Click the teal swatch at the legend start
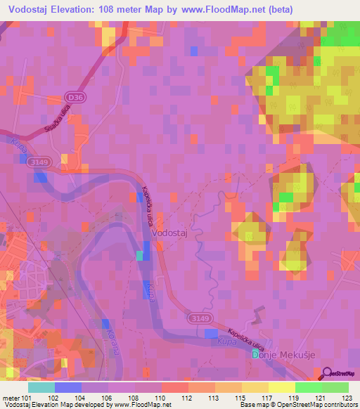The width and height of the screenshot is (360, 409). [41, 387]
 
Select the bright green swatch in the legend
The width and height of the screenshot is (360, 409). [308, 387]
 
